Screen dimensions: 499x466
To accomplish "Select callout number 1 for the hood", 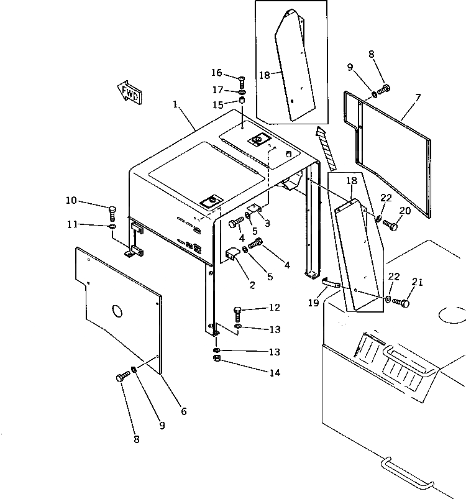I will click(x=177, y=106).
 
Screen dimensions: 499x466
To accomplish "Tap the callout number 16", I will click(x=216, y=73).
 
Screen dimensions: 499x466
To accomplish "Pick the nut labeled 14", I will click(x=216, y=360).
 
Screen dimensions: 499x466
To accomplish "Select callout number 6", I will click(x=183, y=411).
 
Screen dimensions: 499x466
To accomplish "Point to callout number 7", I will click(x=418, y=98).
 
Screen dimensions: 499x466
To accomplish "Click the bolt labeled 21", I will click(x=401, y=303).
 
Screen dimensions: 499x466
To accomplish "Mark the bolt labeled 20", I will click(x=390, y=224).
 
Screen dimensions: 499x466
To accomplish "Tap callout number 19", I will click(x=314, y=303).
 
